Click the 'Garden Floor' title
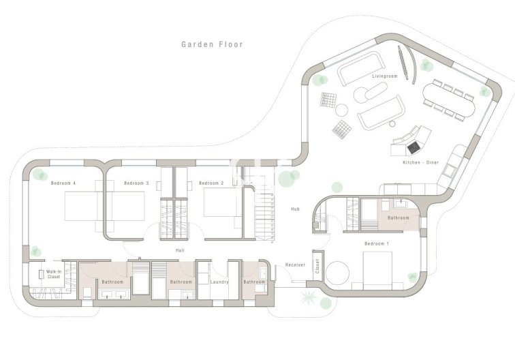tap(212, 44)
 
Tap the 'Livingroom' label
tap(384, 76)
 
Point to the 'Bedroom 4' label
tap(63, 183)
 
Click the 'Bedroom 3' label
tap(136, 183)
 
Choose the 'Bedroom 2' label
tap(211, 183)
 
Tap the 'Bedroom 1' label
tap(376, 243)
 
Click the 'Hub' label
tap(295, 209)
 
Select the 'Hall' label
tap(180, 250)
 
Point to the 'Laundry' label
tap(219, 282)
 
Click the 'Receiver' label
tap(294, 265)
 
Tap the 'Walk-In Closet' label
tap(54, 275)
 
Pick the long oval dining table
tap(450, 100)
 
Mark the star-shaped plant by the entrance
tap(307, 297)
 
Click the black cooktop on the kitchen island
tap(411, 146)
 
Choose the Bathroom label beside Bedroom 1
tap(399, 218)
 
